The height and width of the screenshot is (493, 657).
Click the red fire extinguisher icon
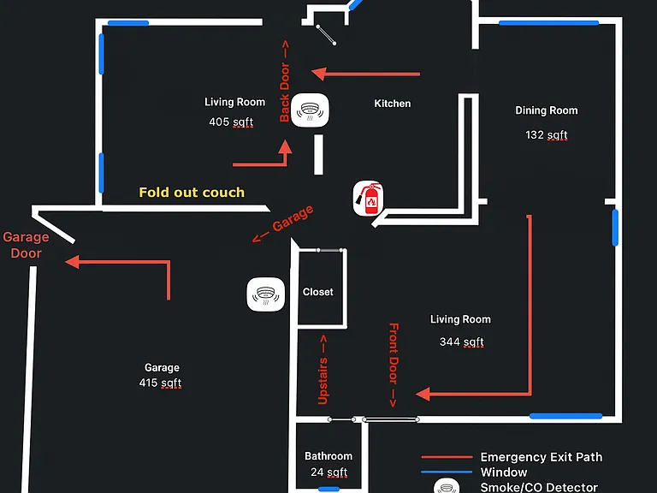point(368,199)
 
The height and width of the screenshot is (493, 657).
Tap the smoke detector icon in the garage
point(266,294)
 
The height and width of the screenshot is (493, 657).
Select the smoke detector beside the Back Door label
point(310,110)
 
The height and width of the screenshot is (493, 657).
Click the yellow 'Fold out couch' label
point(192,193)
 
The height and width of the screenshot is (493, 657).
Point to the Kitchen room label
point(392,104)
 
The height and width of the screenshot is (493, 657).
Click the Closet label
point(318,292)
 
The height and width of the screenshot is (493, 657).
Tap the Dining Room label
point(547,110)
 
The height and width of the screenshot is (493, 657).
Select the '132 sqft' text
point(547,135)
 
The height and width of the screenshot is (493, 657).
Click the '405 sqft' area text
point(231,122)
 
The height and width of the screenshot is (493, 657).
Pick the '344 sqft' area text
point(461,342)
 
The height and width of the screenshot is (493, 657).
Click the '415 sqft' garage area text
point(160,383)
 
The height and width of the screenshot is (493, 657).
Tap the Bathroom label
point(328,456)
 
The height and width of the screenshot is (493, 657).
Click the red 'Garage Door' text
point(26,246)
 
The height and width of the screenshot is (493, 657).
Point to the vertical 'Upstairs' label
point(323,370)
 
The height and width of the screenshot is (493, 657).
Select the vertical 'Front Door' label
point(394,365)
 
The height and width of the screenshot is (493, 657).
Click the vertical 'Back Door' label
point(285,81)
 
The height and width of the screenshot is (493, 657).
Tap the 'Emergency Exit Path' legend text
point(542,457)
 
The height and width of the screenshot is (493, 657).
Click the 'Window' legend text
point(504,472)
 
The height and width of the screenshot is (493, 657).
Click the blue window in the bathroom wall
point(328,489)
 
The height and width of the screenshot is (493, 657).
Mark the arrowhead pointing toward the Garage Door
point(72,262)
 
